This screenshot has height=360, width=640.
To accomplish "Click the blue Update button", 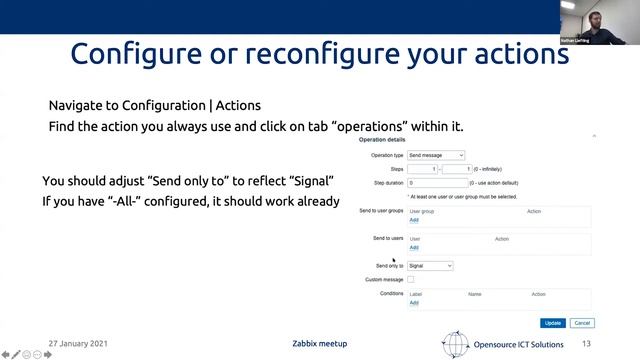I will coord(552,323).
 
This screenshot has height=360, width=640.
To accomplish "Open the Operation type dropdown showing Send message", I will coord(436,156).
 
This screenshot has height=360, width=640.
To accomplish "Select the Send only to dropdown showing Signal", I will coord(430,266).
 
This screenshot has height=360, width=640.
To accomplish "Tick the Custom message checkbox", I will coord(411,280).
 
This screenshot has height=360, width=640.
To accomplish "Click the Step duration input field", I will coord(438,183).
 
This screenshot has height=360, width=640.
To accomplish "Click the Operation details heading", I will coord(380,141).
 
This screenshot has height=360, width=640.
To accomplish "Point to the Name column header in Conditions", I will coord(475,294).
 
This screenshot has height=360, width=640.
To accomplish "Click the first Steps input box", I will coord(421,170).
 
